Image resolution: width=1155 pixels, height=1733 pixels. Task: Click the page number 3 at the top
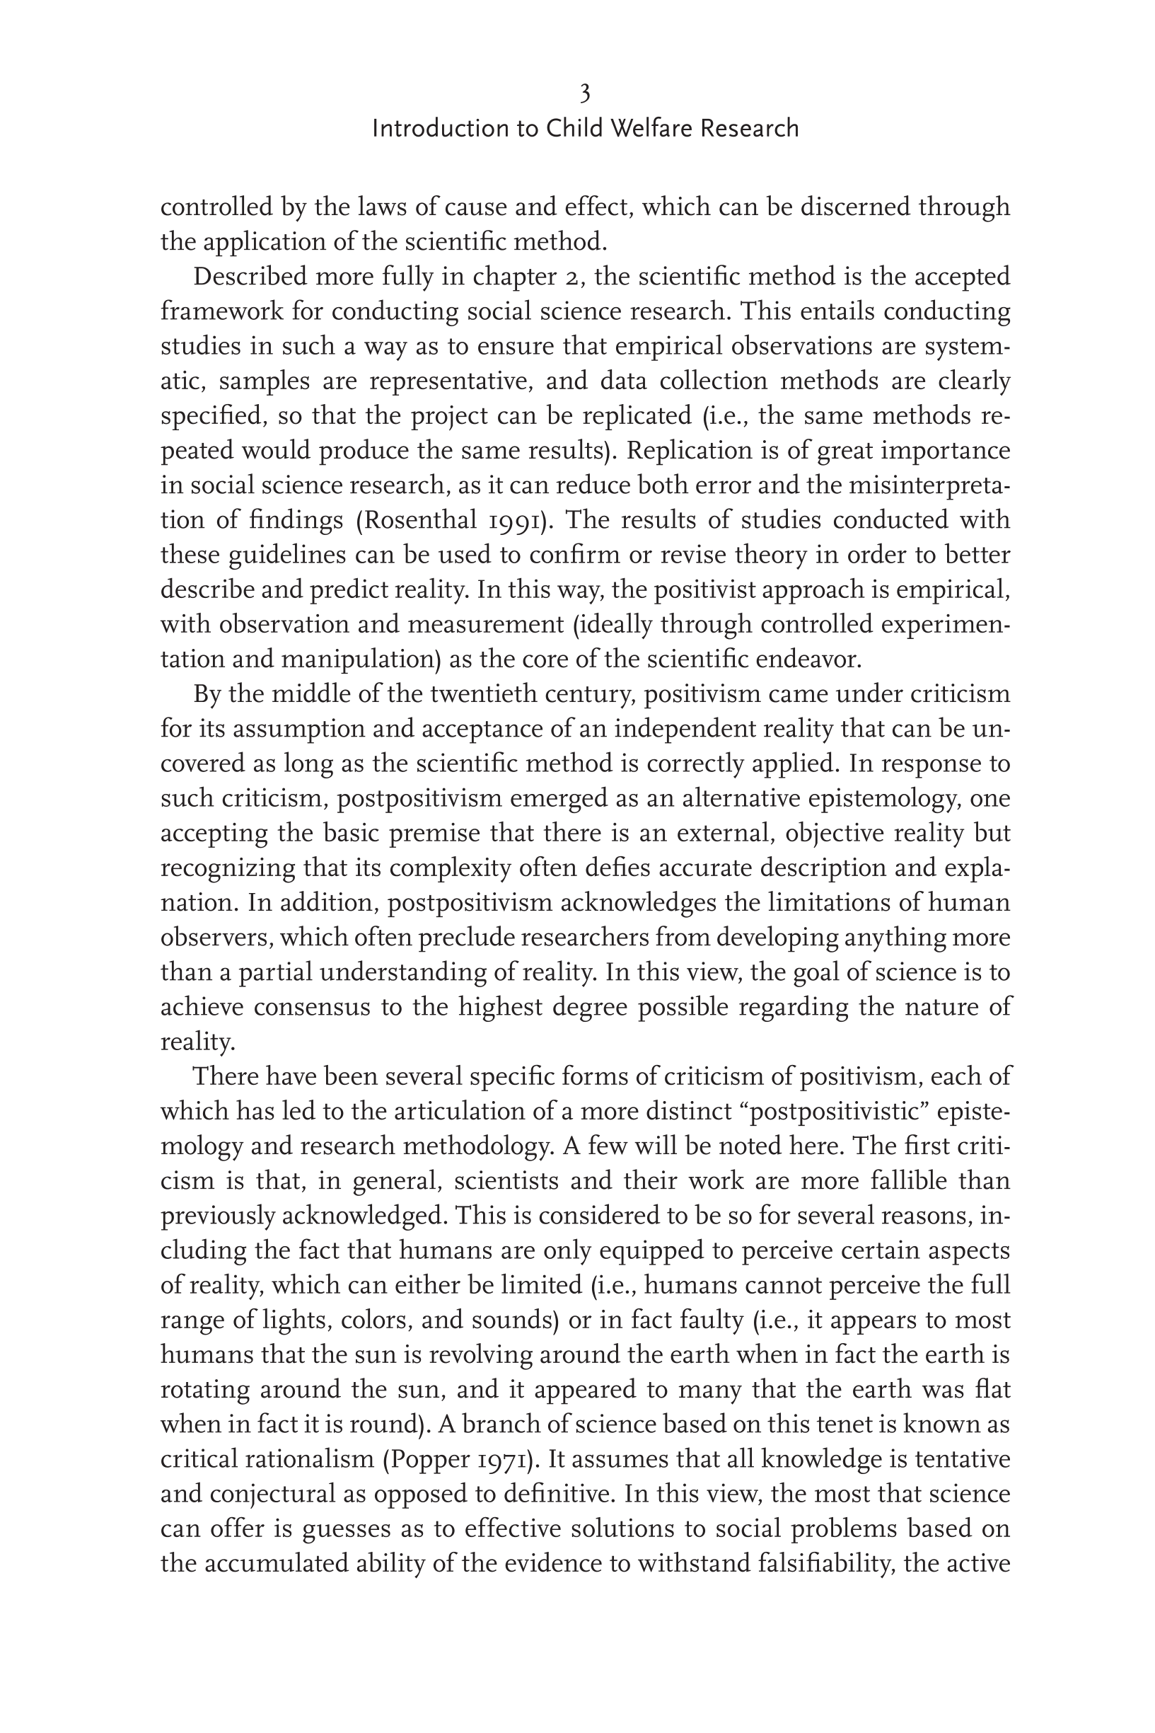[x=585, y=93]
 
